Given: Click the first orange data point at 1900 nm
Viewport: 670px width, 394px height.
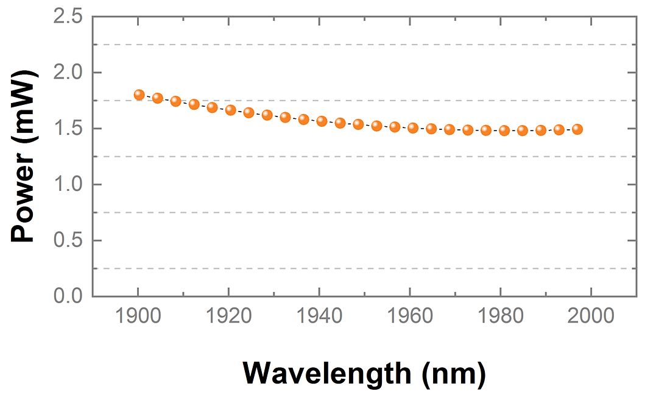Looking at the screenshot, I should pos(139,95).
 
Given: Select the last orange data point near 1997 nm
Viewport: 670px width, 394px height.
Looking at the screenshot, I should pos(577,129).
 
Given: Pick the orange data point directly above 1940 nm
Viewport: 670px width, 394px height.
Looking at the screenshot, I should pos(322,121).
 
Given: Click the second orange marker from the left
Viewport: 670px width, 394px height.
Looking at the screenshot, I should pos(157,98).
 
